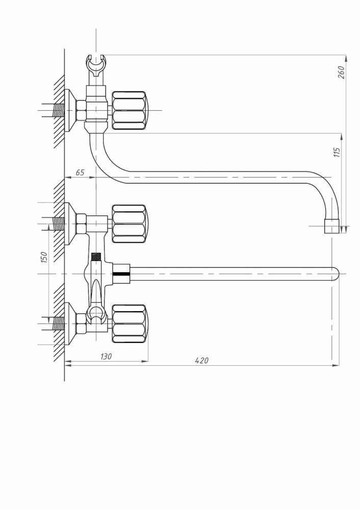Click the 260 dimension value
341,72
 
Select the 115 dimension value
337,152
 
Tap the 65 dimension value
80,172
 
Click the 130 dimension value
106,356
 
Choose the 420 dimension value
201,361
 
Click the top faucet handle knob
130,111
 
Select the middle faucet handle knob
130,224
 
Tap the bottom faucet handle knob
130,324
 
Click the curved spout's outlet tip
332,226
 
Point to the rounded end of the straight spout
336,273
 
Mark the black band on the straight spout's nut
121,274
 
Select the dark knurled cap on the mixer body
96,257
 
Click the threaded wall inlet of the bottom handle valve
59,324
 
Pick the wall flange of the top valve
70,111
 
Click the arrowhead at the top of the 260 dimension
346,58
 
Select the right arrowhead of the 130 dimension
145,361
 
